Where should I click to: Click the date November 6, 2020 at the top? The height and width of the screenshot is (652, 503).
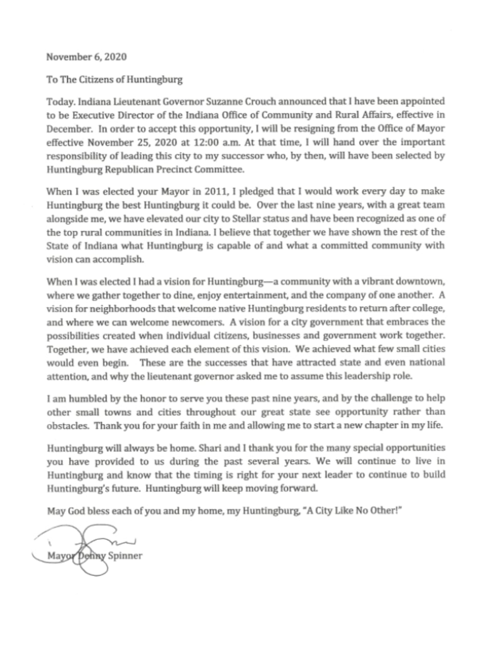86,57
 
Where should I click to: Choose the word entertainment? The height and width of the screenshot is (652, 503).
265,295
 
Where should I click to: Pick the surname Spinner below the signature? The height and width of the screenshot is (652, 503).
125,556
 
